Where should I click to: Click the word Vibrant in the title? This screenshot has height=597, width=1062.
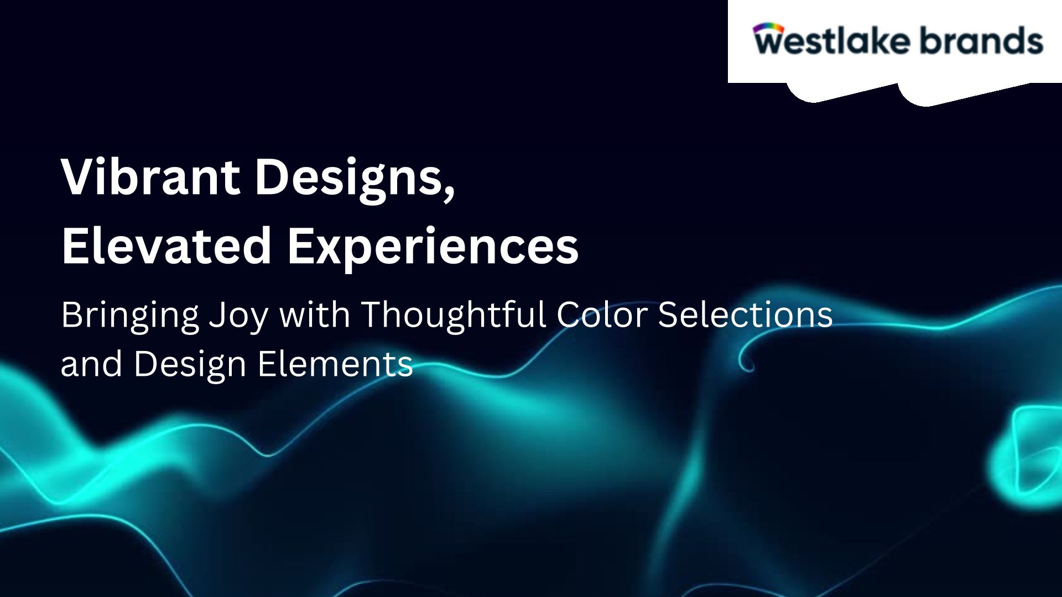(150, 177)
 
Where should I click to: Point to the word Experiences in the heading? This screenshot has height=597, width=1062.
(433, 249)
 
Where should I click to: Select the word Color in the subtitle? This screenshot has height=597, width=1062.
(602, 315)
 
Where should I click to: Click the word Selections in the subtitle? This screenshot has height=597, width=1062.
(745, 315)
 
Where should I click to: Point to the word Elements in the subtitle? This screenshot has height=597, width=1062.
(335, 364)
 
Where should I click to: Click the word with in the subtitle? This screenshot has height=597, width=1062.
(314, 314)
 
